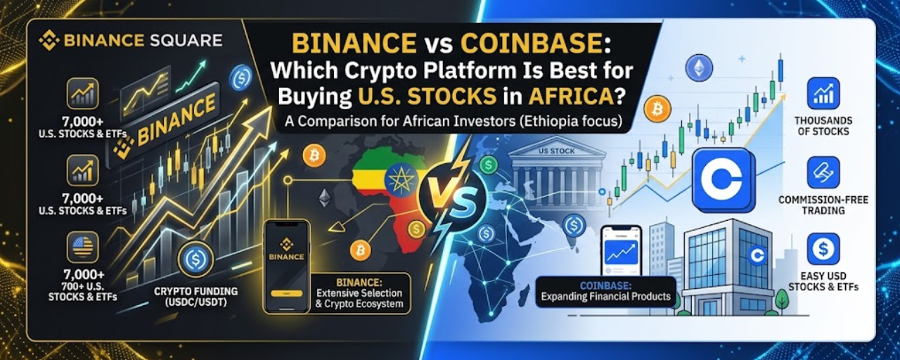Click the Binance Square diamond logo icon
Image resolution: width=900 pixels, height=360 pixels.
49,41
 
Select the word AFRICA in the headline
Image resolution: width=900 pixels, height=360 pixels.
570,96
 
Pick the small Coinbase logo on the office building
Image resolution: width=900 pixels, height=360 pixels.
757,255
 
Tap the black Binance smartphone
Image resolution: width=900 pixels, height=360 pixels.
287,266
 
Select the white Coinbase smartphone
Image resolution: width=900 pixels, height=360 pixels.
621,252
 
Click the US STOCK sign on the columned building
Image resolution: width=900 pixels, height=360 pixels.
556,151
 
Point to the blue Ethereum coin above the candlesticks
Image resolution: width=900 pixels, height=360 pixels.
699,67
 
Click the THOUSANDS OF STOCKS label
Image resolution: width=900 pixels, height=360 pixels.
823,126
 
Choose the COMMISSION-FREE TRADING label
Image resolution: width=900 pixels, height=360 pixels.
823,205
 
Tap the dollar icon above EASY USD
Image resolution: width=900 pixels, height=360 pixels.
823,249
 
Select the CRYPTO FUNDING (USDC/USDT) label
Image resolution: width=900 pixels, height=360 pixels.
195,297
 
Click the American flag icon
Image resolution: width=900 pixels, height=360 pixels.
82,247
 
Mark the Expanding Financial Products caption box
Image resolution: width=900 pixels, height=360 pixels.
606,292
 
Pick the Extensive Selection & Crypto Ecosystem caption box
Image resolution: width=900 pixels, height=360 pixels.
359,293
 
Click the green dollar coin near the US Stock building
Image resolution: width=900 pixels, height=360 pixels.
489,165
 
